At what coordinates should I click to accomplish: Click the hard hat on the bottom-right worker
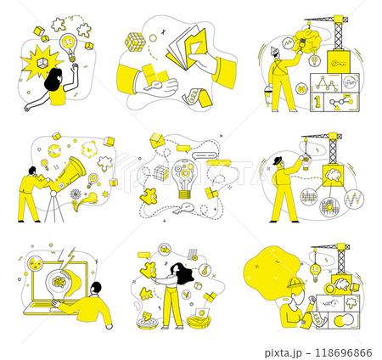pyautogui.click(x=295, y=284)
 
